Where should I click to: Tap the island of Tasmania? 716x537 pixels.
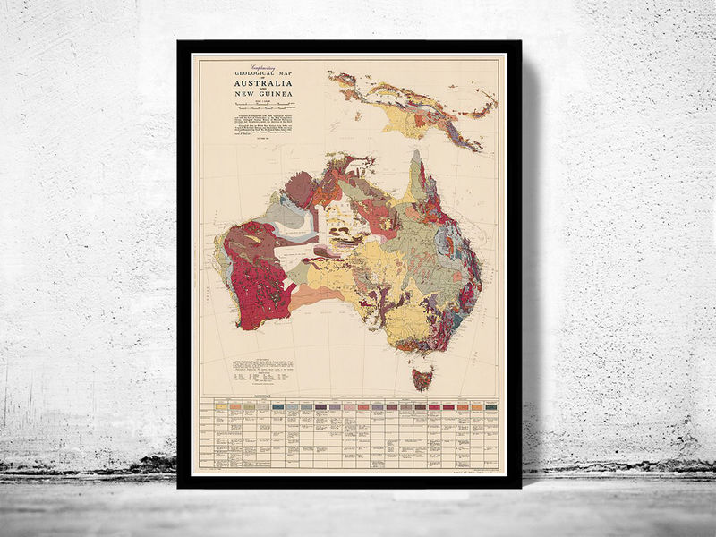pos(422,377)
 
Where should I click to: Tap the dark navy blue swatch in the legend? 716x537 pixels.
pos(279,407)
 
